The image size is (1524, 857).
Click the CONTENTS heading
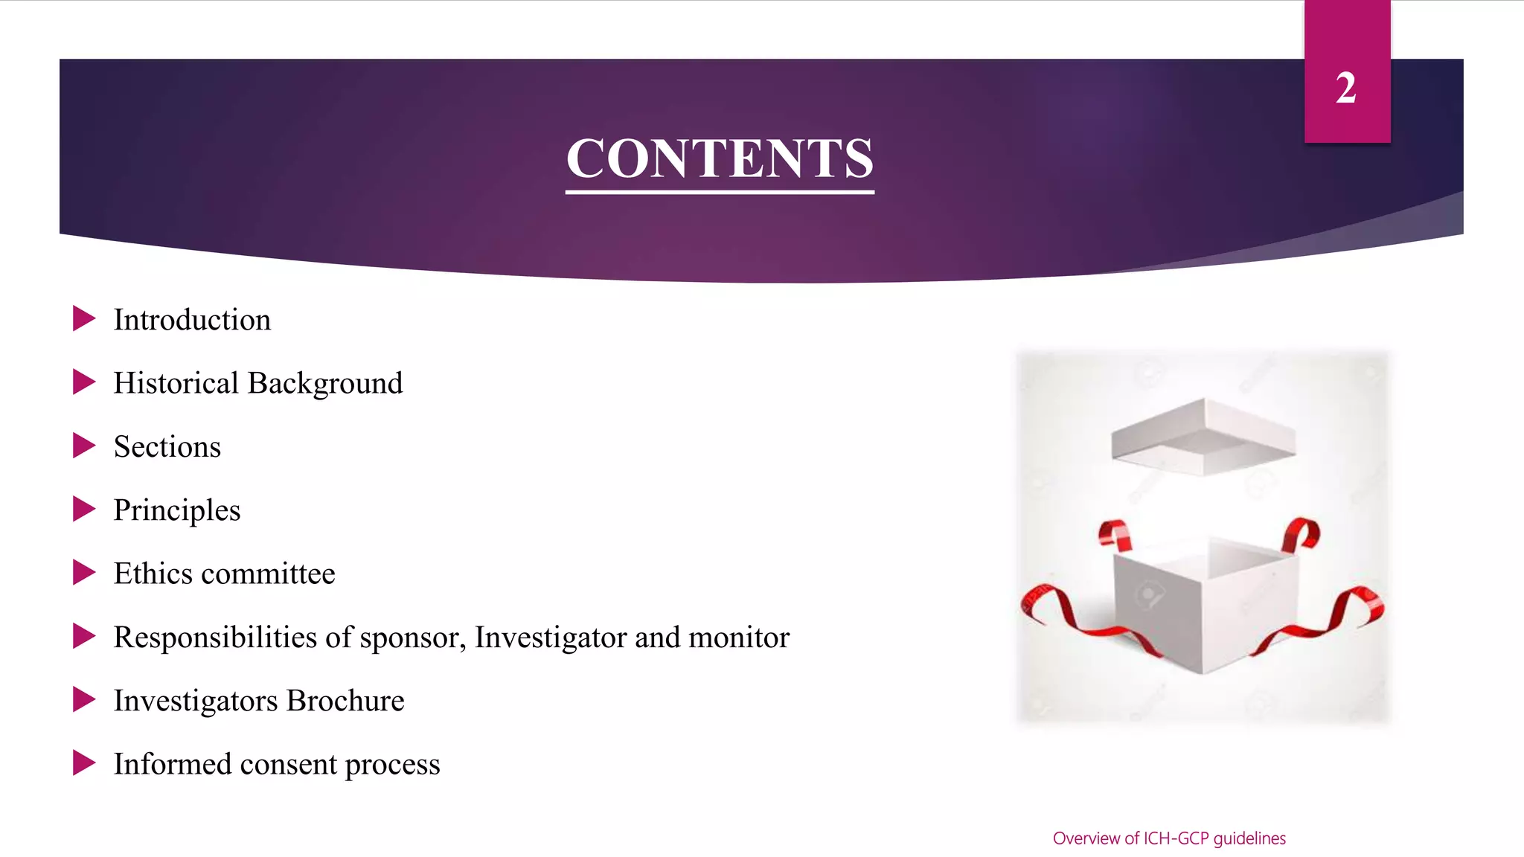(720, 158)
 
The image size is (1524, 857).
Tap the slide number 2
(1345, 89)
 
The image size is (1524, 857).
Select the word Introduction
(192, 320)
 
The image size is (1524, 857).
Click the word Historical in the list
(176, 383)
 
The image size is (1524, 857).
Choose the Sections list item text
(167, 447)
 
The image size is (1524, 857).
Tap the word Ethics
(153, 574)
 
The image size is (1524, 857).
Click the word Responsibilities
(215, 638)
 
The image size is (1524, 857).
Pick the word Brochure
(345, 701)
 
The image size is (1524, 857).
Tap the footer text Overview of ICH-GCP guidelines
(1169, 838)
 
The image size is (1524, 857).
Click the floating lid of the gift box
(1203, 437)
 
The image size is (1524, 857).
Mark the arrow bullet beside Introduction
(84, 318)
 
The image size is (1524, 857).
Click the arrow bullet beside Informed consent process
(84, 763)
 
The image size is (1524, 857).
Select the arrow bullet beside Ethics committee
(84, 572)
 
